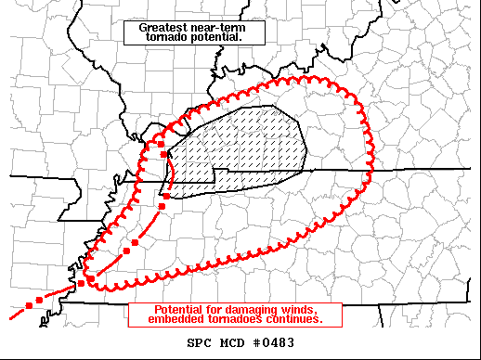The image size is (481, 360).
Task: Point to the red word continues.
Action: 297,319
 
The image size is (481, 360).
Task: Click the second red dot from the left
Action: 39,301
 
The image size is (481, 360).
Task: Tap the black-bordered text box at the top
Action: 195,32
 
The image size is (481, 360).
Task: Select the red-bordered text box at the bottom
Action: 236,315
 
